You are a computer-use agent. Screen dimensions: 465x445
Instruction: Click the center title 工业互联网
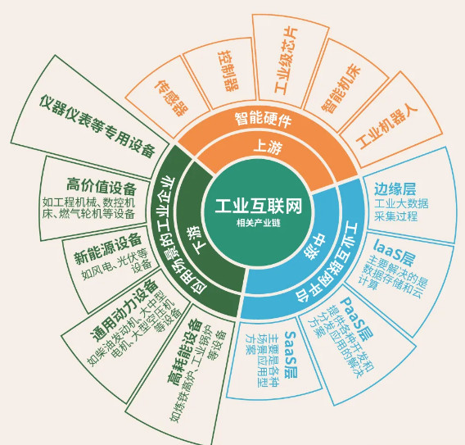coord(258,206)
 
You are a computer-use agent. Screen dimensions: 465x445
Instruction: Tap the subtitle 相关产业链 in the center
coord(259,223)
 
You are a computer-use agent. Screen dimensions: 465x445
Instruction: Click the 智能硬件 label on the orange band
coord(263,119)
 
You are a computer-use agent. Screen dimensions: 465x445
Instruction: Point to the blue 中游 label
coord(315,247)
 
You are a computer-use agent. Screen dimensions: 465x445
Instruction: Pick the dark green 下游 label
coord(196,241)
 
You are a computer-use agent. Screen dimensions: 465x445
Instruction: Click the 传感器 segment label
coord(171,98)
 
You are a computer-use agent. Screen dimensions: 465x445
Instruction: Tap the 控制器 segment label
coord(228,70)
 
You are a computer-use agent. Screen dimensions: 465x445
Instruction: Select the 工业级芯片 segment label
coord(286,61)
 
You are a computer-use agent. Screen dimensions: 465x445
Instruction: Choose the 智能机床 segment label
coord(341,89)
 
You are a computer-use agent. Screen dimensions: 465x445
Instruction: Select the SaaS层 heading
coord(291,355)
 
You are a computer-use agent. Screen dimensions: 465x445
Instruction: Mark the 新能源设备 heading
coord(107,249)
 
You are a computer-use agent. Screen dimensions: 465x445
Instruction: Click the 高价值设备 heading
coord(102,186)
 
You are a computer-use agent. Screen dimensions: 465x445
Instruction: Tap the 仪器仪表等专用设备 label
coord(97,126)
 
